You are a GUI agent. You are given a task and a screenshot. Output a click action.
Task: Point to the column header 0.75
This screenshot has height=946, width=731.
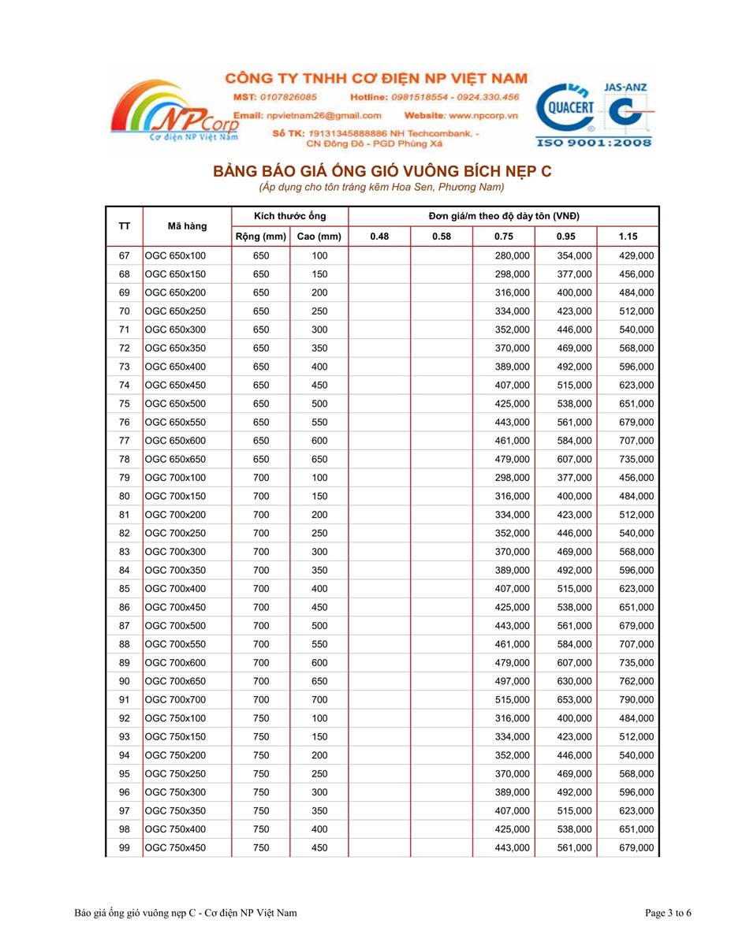pos(504,236)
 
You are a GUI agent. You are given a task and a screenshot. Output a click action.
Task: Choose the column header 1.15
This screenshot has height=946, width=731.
pos(628,236)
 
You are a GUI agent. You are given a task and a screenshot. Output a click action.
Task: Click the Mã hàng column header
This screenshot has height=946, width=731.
pos(187,226)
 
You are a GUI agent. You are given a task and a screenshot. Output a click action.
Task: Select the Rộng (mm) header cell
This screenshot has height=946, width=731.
pos(260,236)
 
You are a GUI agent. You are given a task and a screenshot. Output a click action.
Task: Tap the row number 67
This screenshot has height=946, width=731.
pos(124,256)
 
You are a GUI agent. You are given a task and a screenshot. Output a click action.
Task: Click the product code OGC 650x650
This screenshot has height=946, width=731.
pos(175,460)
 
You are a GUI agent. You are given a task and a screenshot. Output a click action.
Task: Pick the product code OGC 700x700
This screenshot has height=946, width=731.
pos(175,700)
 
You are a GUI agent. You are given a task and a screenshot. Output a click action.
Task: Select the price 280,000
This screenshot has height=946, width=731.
pos(513,256)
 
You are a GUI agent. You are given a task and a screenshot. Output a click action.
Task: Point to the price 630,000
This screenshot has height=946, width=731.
pos(574,681)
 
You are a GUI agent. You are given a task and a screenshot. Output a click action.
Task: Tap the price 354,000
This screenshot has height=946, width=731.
pos(574,256)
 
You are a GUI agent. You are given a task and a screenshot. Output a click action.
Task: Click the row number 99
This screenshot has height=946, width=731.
pos(124,848)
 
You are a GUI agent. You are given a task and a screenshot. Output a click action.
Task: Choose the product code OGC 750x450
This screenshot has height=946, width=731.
pos(175,848)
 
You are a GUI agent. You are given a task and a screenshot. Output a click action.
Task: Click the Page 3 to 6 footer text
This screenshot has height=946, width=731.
pos(668,914)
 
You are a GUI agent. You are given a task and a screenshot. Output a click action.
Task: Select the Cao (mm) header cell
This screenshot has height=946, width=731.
pos(319,236)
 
